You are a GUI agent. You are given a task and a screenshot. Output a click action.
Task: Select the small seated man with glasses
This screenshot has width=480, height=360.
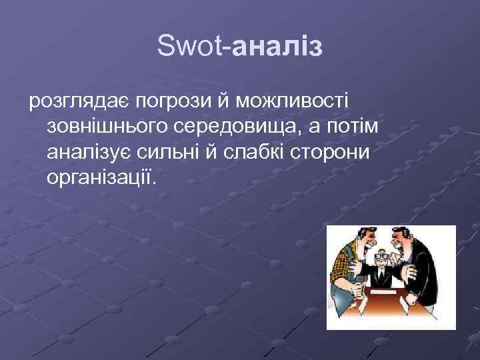pyautogui.click(x=383, y=261)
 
